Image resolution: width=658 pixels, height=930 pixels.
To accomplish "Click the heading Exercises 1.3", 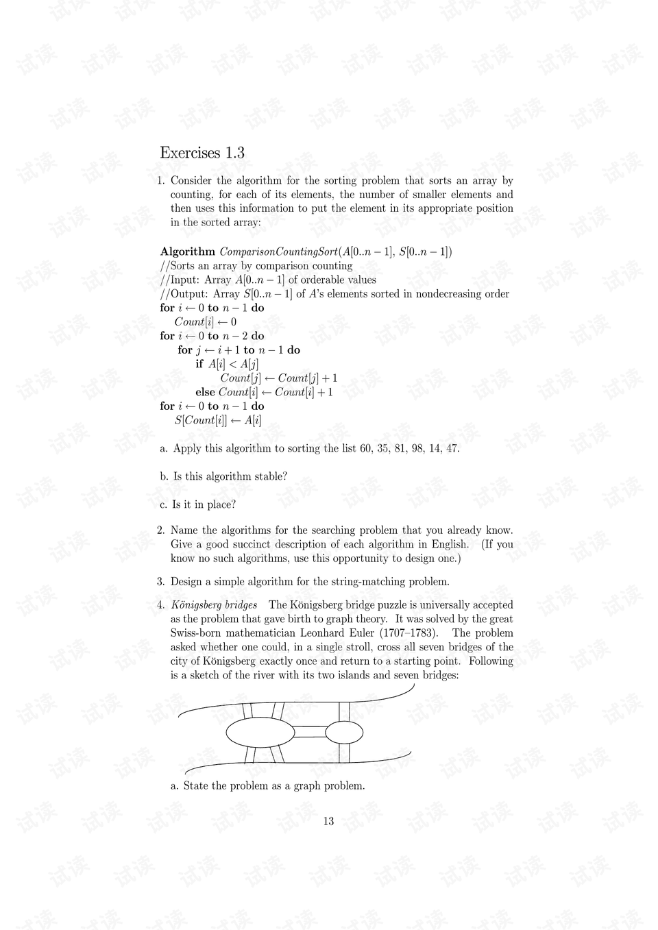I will pyautogui.click(x=202, y=153).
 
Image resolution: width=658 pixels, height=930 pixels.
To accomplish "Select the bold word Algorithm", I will pyautogui.click(x=187, y=252).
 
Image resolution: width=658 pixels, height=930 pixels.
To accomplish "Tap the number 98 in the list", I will pyautogui.click(x=416, y=448).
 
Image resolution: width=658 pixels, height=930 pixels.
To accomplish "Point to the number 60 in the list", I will pyautogui.click(x=365, y=448).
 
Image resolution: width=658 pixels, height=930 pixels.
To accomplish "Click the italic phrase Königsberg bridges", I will pyautogui.click(x=214, y=604).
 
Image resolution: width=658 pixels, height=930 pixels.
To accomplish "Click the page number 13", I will pyautogui.click(x=328, y=821).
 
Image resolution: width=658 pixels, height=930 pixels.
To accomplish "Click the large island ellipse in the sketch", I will pyautogui.click(x=259, y=732).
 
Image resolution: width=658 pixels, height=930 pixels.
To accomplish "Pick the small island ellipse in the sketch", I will pyautogui.click(x=343, y=732).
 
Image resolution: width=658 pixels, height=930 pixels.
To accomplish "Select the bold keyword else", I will pyautogui.click(x=205, y=392).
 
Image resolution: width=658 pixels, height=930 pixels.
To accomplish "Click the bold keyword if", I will pyautogui.click(x=199, y=364).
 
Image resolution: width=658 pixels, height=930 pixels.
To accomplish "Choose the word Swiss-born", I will pyautogui.click(x=196, y=633).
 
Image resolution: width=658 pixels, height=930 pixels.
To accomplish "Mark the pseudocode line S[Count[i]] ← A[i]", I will pyautogui.click(x=218, y=420).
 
